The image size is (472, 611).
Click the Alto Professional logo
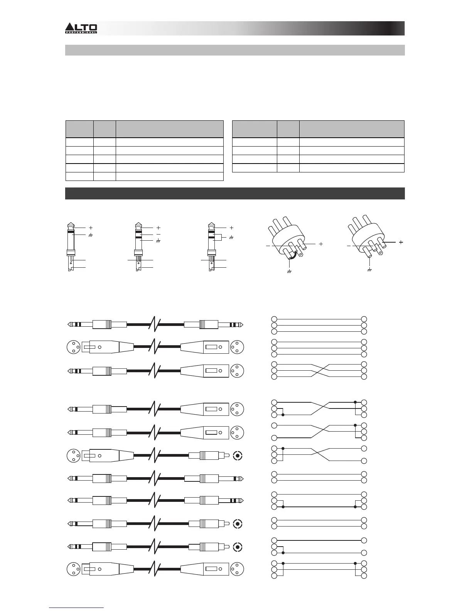(81, 28)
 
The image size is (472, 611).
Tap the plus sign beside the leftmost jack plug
(91, 228)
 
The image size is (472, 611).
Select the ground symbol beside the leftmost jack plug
(91, 235)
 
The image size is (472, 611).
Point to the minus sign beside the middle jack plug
(158, 234)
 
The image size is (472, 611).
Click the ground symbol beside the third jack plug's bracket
(231, 238)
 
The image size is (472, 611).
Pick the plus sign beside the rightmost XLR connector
(401, 242)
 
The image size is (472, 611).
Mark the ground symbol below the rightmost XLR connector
(369, 270)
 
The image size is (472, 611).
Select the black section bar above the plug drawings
(235, 193)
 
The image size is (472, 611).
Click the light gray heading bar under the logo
(235, 50)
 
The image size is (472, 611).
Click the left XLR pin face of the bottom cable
(73, 569)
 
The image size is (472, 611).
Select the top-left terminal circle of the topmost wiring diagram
(274, 319)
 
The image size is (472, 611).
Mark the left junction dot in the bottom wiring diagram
(283, 563)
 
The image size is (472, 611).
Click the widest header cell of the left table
(170, 129)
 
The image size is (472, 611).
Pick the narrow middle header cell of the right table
(288, 129)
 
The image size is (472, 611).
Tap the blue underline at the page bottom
(76, 608)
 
